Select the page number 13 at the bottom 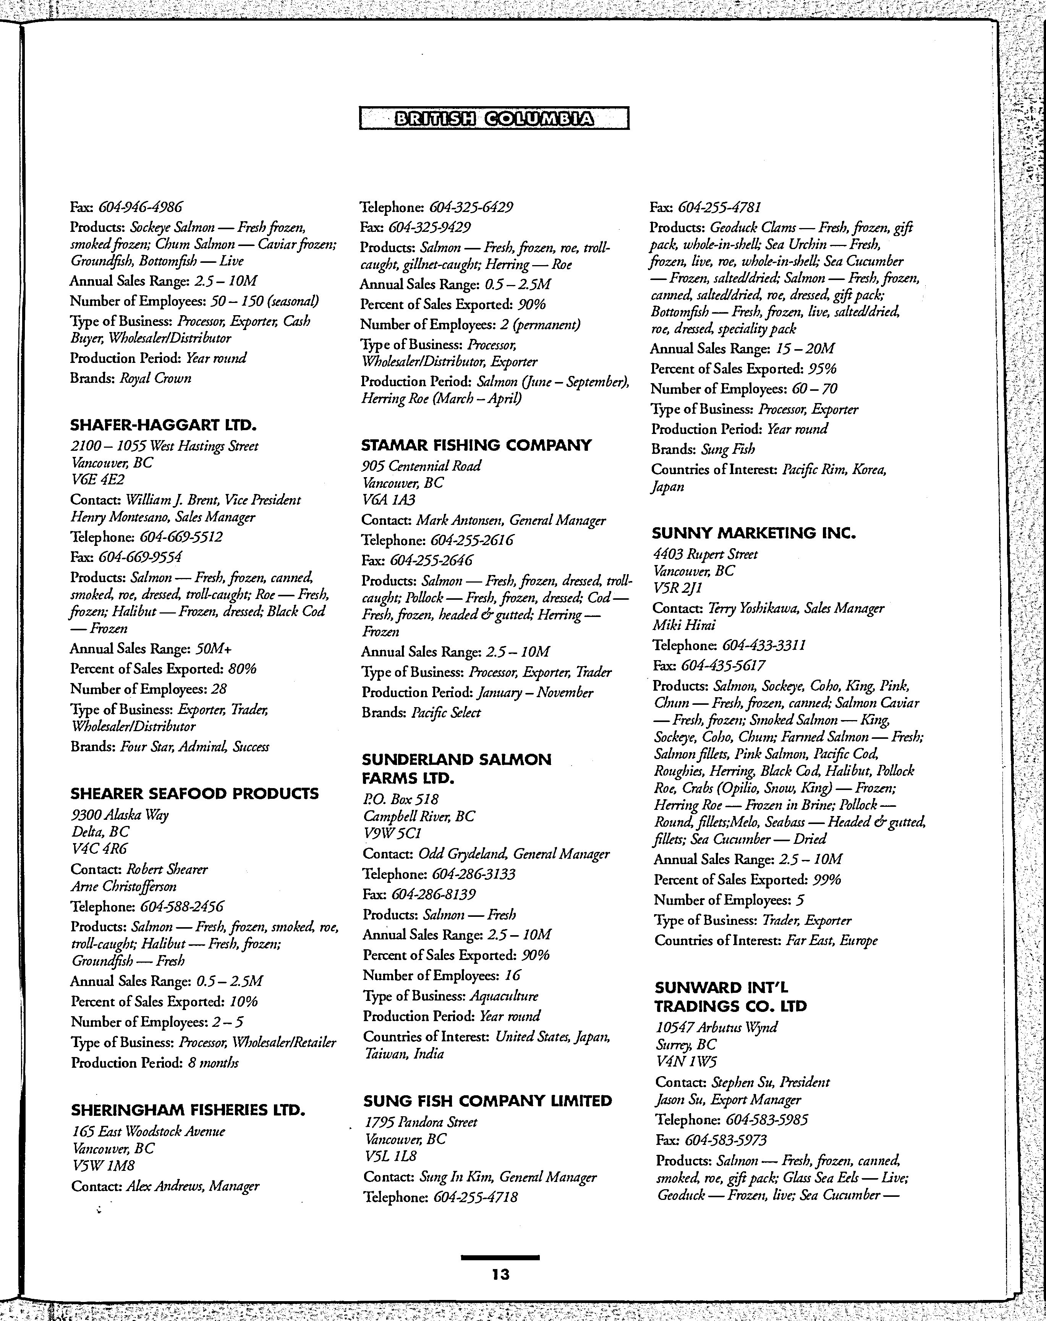point(500,1274)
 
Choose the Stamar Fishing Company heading point(476,445)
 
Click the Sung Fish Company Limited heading point(487,1101)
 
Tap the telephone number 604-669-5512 point(181,537)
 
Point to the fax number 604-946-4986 point(141,207)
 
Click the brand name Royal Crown point(155,378)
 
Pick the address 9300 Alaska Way point(120,814)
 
